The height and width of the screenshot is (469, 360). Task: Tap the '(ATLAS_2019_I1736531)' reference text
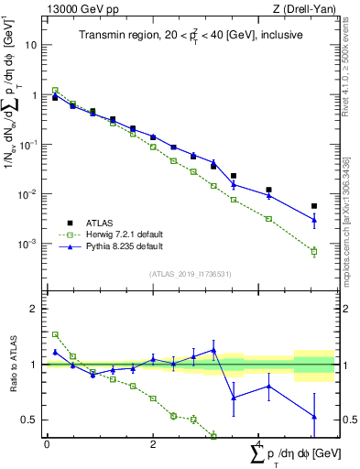190,274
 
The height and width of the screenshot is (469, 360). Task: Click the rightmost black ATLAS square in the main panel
314,206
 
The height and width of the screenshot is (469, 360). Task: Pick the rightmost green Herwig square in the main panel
314,251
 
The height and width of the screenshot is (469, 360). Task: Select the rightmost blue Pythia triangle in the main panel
314,220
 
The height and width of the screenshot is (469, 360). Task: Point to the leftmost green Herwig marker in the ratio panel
55,334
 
